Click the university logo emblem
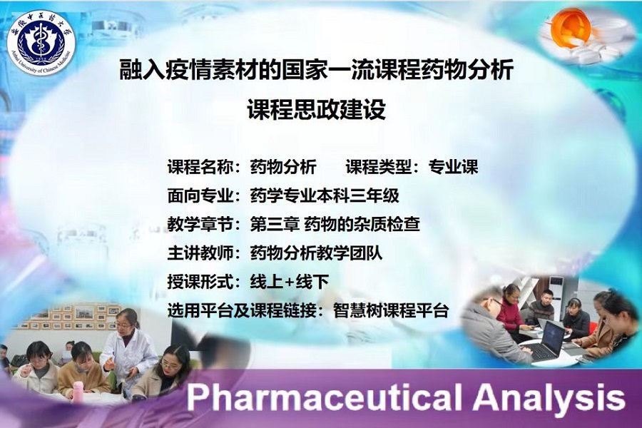tap(41, 43)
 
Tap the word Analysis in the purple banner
tap(549, 397)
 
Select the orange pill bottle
tap(570, 27)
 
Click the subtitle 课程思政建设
tap(317, 109)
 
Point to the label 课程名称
tap(200, 167)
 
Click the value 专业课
tap(453, 167)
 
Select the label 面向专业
tap(200, 195)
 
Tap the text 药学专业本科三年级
tap(325, 195)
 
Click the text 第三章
tap(275, 225)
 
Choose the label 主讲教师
tap(200, 253)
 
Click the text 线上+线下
tap(290, 282)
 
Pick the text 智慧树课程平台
tap(391, 310)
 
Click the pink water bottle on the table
tap(77, 392)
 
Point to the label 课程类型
tap(378, 167)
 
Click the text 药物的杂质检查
tap(362, 225)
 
